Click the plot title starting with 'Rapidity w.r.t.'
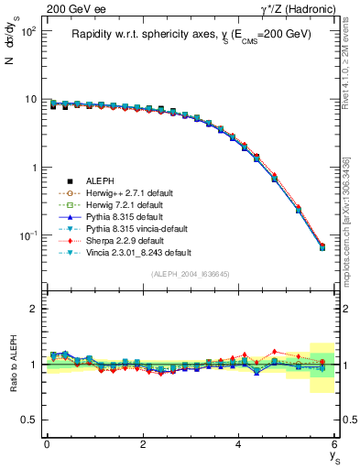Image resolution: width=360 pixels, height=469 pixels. tap(191, 34)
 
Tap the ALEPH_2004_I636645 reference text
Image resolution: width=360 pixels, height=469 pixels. tap(191, 274)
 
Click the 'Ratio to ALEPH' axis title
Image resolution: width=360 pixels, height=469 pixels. tap(14, 364)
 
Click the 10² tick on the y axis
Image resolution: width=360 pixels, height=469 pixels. tap(29, 31)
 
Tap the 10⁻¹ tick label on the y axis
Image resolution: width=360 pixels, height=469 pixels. tap(29, 236)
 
